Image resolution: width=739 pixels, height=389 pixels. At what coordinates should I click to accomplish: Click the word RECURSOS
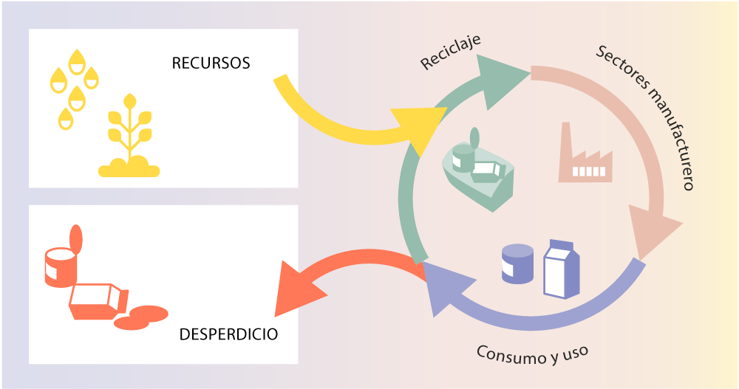(x=211, y=63)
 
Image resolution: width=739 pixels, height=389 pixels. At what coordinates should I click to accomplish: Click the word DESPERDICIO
(x=228, y=334)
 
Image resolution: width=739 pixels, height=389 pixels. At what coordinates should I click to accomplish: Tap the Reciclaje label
(x=450, y=53)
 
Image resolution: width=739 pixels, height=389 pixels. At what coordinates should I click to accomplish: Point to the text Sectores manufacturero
(x=647, y=117)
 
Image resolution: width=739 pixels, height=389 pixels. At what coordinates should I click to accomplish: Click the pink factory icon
(x=585, y=158)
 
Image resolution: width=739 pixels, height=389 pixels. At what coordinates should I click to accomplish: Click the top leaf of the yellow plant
(x=129, y=100)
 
